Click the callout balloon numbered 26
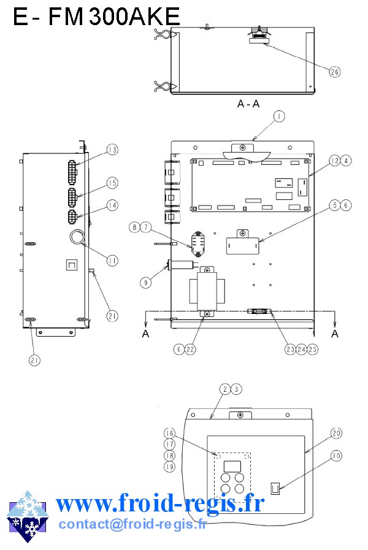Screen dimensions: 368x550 [x=335, y=72]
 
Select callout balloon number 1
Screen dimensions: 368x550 [x=279, y=116]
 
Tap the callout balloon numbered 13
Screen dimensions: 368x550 [x=112, y=150]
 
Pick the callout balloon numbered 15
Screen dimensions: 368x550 [x=112, y=183]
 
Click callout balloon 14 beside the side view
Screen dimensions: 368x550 [x=112, y=205]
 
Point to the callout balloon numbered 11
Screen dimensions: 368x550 [x=112, y=260]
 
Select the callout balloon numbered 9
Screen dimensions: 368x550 [x=145, y=283]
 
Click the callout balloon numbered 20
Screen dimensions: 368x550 [x=336, y=434]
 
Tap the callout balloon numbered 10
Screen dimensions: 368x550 [x=336, y=456]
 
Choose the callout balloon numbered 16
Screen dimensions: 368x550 [x=169, y=434]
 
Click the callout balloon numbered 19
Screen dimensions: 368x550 [x=169, y=467]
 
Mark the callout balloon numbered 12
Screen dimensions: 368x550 [x=335, y=161]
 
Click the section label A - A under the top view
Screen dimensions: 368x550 [x=248, y=104]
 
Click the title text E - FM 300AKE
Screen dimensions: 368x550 [x=96, y=16]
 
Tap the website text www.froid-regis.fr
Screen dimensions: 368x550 [x=160, y=503]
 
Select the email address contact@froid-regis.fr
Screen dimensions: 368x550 [x=133, y=524]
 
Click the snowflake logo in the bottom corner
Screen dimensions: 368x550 [x=28, y=516]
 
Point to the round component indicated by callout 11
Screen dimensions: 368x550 [x=77, y=237]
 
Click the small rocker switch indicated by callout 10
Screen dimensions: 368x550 [x=275, y=488]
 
